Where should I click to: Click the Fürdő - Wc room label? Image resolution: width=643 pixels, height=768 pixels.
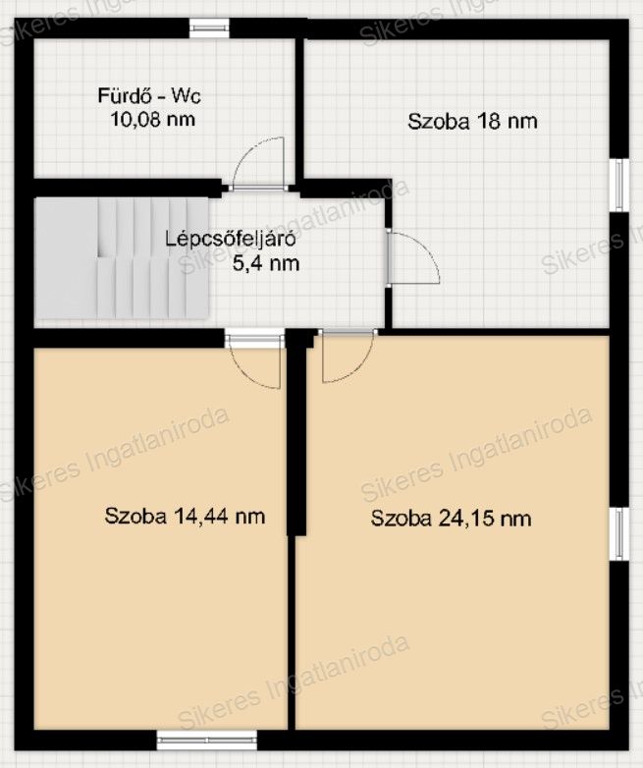(149, 95)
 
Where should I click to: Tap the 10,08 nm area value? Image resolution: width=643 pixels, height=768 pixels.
(153, 119)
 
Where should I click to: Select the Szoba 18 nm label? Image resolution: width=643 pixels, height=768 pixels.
(472, 122)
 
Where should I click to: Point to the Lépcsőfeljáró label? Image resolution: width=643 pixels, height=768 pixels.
(230, 240)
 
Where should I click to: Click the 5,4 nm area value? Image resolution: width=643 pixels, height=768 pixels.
(266, 263)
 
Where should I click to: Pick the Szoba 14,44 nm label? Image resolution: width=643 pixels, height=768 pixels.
(185, 517)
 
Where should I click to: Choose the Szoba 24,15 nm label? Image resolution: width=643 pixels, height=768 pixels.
(451, 519)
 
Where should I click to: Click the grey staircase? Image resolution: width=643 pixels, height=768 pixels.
(122, 257)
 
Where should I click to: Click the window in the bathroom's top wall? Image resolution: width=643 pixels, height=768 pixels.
(209, 28)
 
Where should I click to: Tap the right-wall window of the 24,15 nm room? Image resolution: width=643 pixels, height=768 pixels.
(619, 534)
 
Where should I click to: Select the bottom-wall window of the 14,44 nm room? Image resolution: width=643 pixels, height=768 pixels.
(207, 741)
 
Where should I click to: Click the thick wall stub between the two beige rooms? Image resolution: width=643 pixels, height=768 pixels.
(295, 432)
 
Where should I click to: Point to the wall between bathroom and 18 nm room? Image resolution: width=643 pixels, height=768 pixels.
(299, 109)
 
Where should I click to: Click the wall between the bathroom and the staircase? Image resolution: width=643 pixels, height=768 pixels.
(128, 189)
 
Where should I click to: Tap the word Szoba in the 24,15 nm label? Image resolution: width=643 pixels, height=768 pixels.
(402, 519)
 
